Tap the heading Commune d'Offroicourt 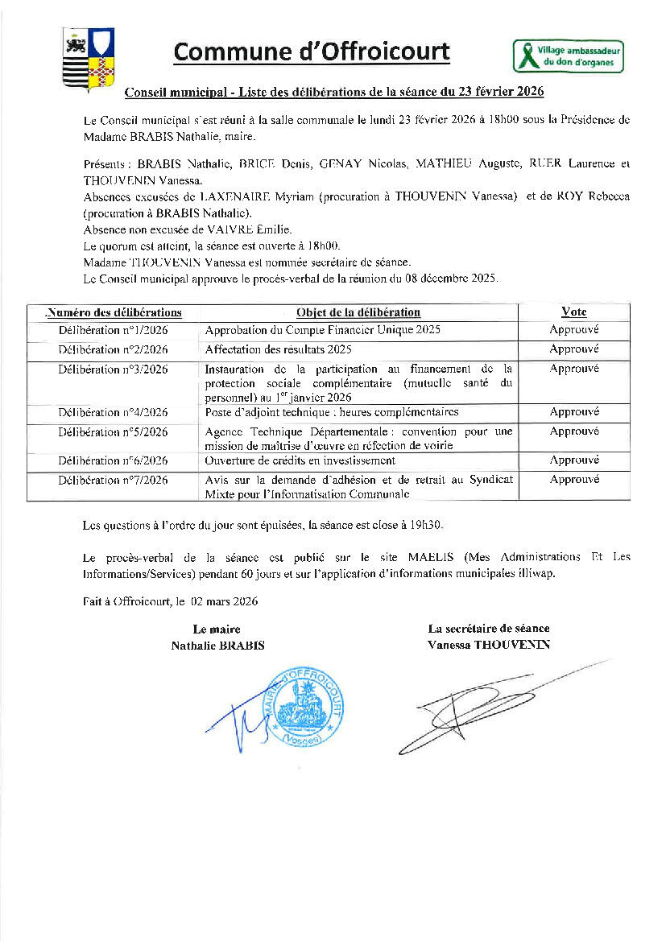point(312,52)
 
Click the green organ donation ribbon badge point(569,56)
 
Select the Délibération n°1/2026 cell point(113,330)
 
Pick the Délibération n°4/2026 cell point(113,412)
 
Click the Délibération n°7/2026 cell point(113,481)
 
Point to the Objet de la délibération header point(358,312)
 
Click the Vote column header point(573,312)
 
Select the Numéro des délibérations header point(114,312)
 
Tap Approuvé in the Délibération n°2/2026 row point(573,349)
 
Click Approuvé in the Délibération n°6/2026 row point(573,460)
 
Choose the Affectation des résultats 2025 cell point(278,349)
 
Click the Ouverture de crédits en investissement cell point(300,460)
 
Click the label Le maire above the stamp point(217,629)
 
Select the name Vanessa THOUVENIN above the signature point(489,645)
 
